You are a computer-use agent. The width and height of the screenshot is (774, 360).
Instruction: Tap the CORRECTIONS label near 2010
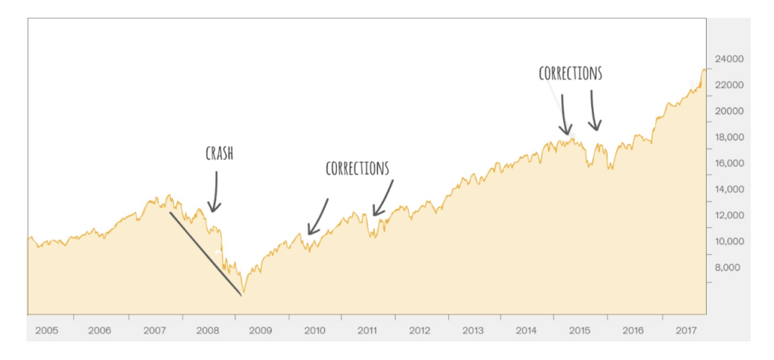pos(358,168)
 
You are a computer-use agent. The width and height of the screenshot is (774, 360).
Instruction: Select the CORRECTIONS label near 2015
pos(571,73)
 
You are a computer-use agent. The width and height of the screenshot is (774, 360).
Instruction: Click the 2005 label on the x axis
pos(47,331)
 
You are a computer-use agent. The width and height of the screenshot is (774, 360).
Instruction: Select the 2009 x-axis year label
pos(260,331)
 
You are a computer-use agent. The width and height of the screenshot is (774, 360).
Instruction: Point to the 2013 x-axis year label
pos(473,331)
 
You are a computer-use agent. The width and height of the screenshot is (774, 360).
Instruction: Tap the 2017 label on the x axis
pos(686,331)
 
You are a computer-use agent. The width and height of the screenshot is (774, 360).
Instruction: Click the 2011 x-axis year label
pos(367,331)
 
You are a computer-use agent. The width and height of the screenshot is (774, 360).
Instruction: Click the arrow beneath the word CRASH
pos(214,192)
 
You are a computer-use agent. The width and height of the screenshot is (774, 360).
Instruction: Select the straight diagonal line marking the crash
pos(206,253)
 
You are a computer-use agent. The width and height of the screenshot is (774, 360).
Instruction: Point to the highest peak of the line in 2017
pos(704,69)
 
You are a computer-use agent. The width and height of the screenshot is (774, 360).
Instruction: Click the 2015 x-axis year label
pos(580,331)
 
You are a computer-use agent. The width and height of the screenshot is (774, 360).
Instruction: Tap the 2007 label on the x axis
pos(153,331)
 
